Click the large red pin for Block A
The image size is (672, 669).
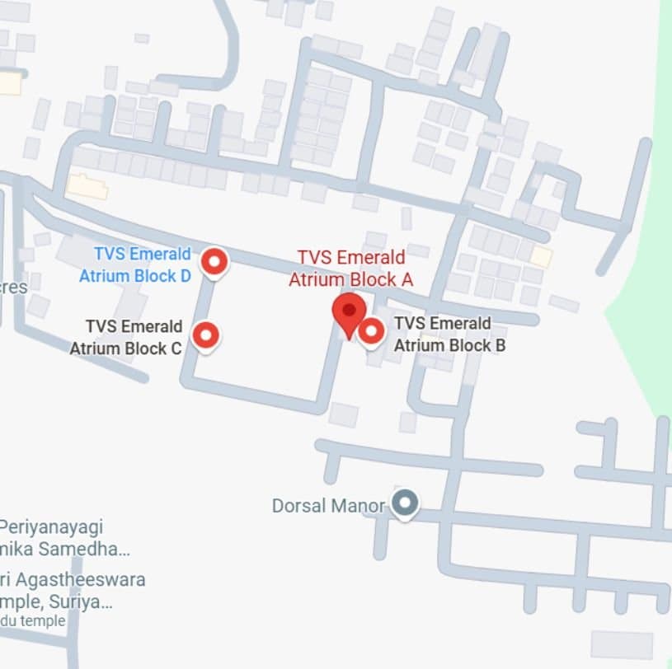(350, 311)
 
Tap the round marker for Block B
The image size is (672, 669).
(371, 331)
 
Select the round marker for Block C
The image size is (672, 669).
(205, 335)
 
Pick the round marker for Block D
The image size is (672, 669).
(215, 262)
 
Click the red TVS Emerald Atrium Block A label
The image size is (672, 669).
(350, 269)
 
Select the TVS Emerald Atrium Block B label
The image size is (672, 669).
(449, 334)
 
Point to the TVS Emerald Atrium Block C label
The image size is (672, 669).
(125, 337)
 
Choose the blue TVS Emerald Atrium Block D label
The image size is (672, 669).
(135, 264)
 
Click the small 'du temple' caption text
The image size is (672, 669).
(33, 620)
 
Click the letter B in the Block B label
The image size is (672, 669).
(499, 345)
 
